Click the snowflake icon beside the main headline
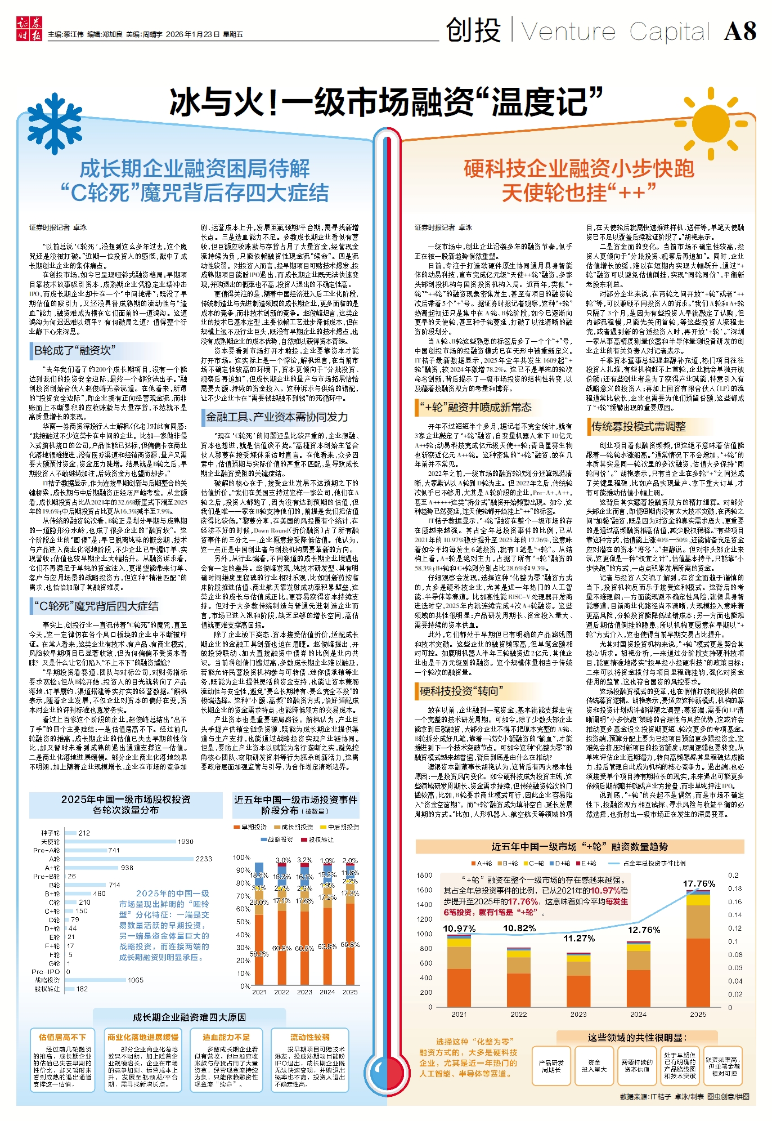click(x=55, y=123)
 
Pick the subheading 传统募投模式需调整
click(x=638, y=426)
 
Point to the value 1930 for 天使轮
click(x=185, y=842)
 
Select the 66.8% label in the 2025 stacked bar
click(x=350, y=944)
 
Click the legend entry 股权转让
click(x=321, y=839)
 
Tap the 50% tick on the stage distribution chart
click(x=243, y=922)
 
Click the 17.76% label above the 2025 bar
click(x=699, y=883)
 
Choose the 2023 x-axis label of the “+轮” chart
click(x=578, y=1014)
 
